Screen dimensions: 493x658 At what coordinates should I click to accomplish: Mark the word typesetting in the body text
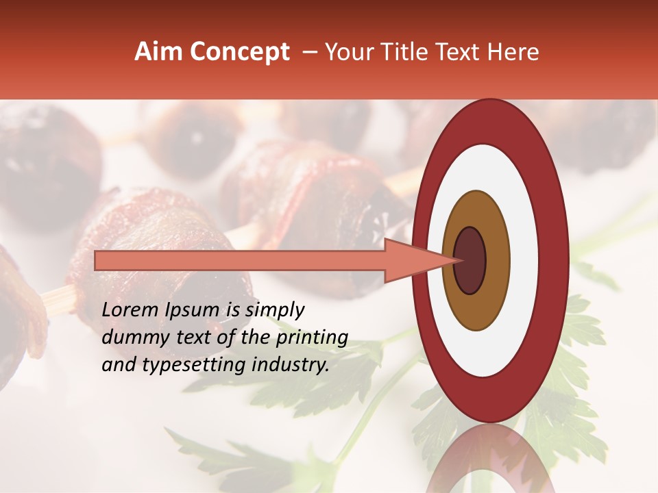(188, 366)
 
